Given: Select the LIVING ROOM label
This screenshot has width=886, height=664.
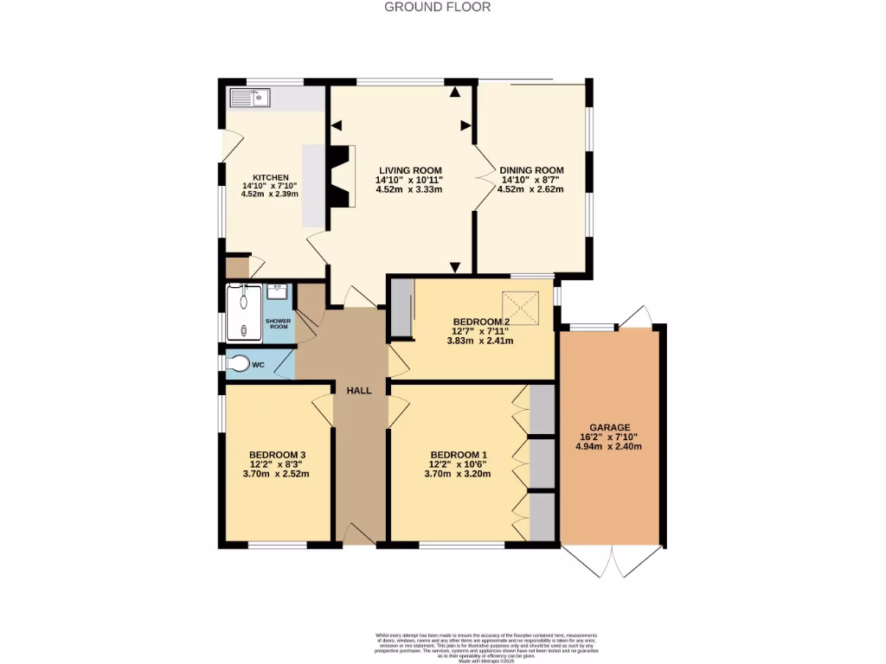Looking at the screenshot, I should click(408, 170).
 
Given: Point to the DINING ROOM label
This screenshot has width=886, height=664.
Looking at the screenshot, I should click(531, 170).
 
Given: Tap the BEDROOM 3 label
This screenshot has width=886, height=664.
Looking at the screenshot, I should click(277, 455).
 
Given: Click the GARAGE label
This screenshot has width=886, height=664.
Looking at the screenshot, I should click(610, 427).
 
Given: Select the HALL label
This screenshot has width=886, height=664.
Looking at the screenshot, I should click(359, 391).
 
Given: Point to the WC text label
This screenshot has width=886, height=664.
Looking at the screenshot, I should click(258, 365).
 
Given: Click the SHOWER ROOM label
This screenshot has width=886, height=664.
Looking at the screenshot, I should click(279, 323).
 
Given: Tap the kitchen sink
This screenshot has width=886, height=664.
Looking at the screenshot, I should click(250, 98).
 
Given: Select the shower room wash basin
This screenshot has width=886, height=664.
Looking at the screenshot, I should click(278, 292).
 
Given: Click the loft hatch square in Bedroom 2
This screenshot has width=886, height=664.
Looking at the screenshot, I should click(522, 306).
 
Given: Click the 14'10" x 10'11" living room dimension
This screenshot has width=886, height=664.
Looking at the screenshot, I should click(408, 180).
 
